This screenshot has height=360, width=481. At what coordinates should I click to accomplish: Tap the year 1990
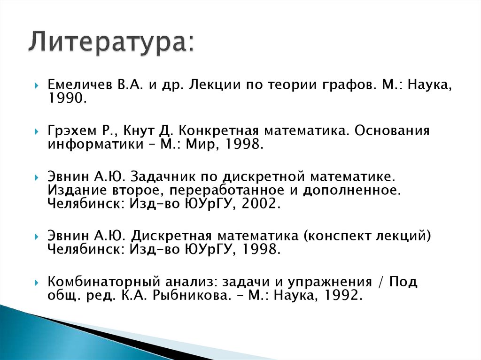click(67, 99)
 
